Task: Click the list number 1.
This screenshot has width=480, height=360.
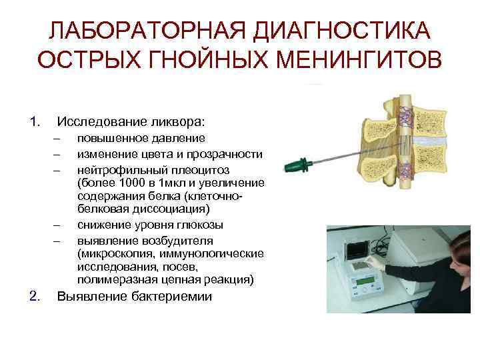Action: pyautogui.click(x=35, y=122)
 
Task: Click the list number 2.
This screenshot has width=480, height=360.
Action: pyautogui.click(x=35, y=296)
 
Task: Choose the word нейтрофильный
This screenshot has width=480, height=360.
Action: pyautogui.click(x=115, y=169)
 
